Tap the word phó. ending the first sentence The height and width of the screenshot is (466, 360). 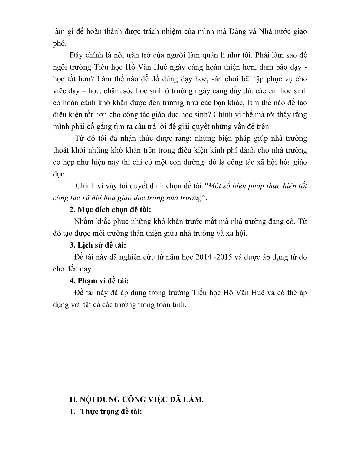click(x=59, y=44)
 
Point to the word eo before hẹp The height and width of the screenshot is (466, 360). click(x=56, y=162)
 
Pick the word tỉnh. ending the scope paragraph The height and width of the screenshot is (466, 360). click(x=179, y=305)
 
